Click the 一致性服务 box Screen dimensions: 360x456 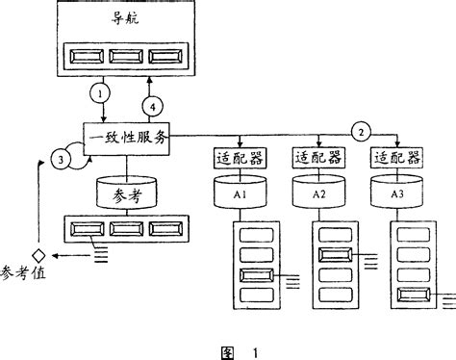point(126,139)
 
